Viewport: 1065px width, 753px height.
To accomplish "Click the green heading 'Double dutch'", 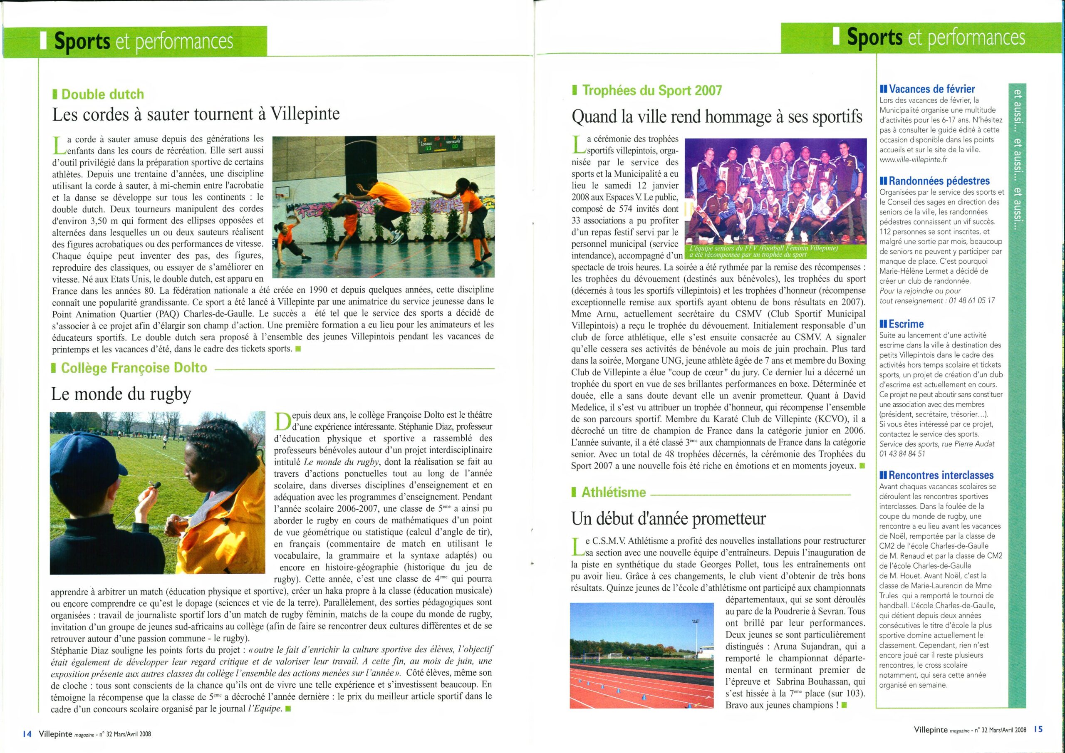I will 102,94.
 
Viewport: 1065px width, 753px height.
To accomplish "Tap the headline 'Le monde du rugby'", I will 121,394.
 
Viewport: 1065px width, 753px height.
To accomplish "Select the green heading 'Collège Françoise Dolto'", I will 134,368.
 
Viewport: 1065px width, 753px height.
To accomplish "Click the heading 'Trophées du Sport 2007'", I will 652,90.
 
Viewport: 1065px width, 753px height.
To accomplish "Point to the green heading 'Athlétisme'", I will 613,492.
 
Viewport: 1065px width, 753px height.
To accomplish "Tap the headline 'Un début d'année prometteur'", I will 669,518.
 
